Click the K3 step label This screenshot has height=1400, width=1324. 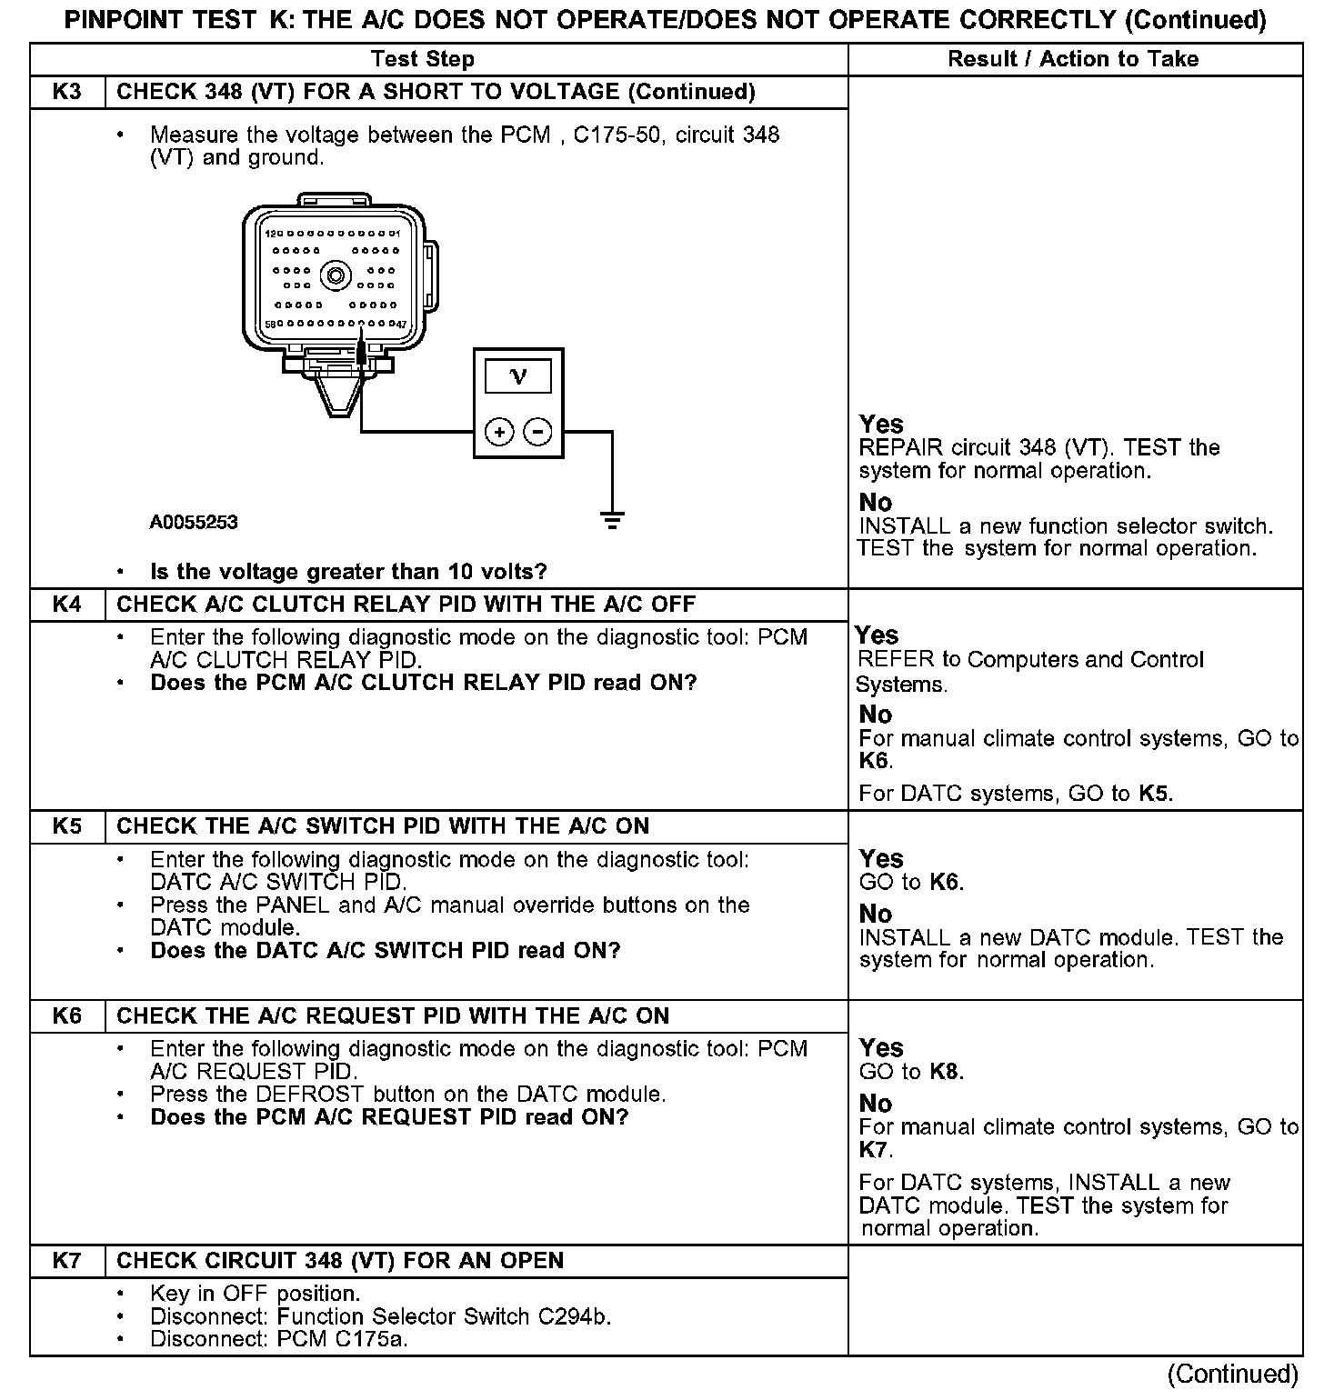coord(67,92)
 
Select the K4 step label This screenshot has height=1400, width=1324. coord(67,605)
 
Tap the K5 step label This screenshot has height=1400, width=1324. coord(67,826)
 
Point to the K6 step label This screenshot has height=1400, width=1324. coord(67,1015)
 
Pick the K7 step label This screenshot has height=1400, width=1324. coord(67,1261)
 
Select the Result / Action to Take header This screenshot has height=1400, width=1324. coord(1073,60)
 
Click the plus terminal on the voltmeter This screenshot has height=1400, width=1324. coord(499,432)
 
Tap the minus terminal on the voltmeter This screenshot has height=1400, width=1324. coord(538,432)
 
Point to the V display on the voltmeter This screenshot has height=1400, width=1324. coord(518,376)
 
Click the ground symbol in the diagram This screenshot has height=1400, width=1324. coord(612,521)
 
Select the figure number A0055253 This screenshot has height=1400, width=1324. coord(194,523)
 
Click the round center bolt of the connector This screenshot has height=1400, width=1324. coord(337,275)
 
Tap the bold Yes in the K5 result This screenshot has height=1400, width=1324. coord(881,859)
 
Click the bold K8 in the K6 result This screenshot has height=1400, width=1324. coord(945,1072)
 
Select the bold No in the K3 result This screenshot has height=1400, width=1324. coord(876,503)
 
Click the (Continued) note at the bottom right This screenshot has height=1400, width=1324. coord(1232,1375)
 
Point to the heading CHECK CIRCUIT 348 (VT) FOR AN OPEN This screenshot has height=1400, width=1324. coord(340,1261)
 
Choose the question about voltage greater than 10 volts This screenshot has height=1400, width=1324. coord(348,572)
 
